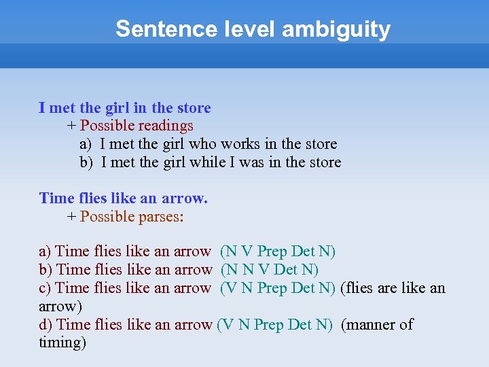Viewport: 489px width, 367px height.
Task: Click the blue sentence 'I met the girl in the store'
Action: click(x=125, y=108)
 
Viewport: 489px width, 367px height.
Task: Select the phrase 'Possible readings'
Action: click(x=137, y=126)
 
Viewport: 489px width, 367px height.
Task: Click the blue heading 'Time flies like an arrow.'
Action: click(x=124, y=198)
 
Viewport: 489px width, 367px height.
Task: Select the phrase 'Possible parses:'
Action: click(x=132, y=217)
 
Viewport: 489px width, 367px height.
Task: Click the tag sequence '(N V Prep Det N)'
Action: click(x=278, y=251)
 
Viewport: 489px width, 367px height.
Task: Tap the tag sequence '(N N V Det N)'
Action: click(x=270, y=270)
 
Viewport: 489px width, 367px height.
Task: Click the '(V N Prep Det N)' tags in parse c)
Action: click(x=278, y=288)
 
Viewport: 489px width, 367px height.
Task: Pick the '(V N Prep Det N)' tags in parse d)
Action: click(x=274, y=325)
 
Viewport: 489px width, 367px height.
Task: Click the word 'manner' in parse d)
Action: click(x=371, y=325)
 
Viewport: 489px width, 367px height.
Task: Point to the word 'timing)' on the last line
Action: click(x=62, y=343)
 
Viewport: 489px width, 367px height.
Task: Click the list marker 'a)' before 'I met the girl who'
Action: click(x=86, y=144)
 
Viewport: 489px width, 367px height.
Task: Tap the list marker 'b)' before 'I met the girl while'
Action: click(x=86, y=162)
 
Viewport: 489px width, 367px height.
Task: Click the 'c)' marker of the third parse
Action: click(x=46, y=288)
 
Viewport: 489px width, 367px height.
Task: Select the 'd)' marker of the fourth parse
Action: click(x=46, y=325)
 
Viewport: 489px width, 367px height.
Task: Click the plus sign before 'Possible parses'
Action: click(x=71, y=217)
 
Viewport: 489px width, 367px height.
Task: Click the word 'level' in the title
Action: click(x=241, y=29)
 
